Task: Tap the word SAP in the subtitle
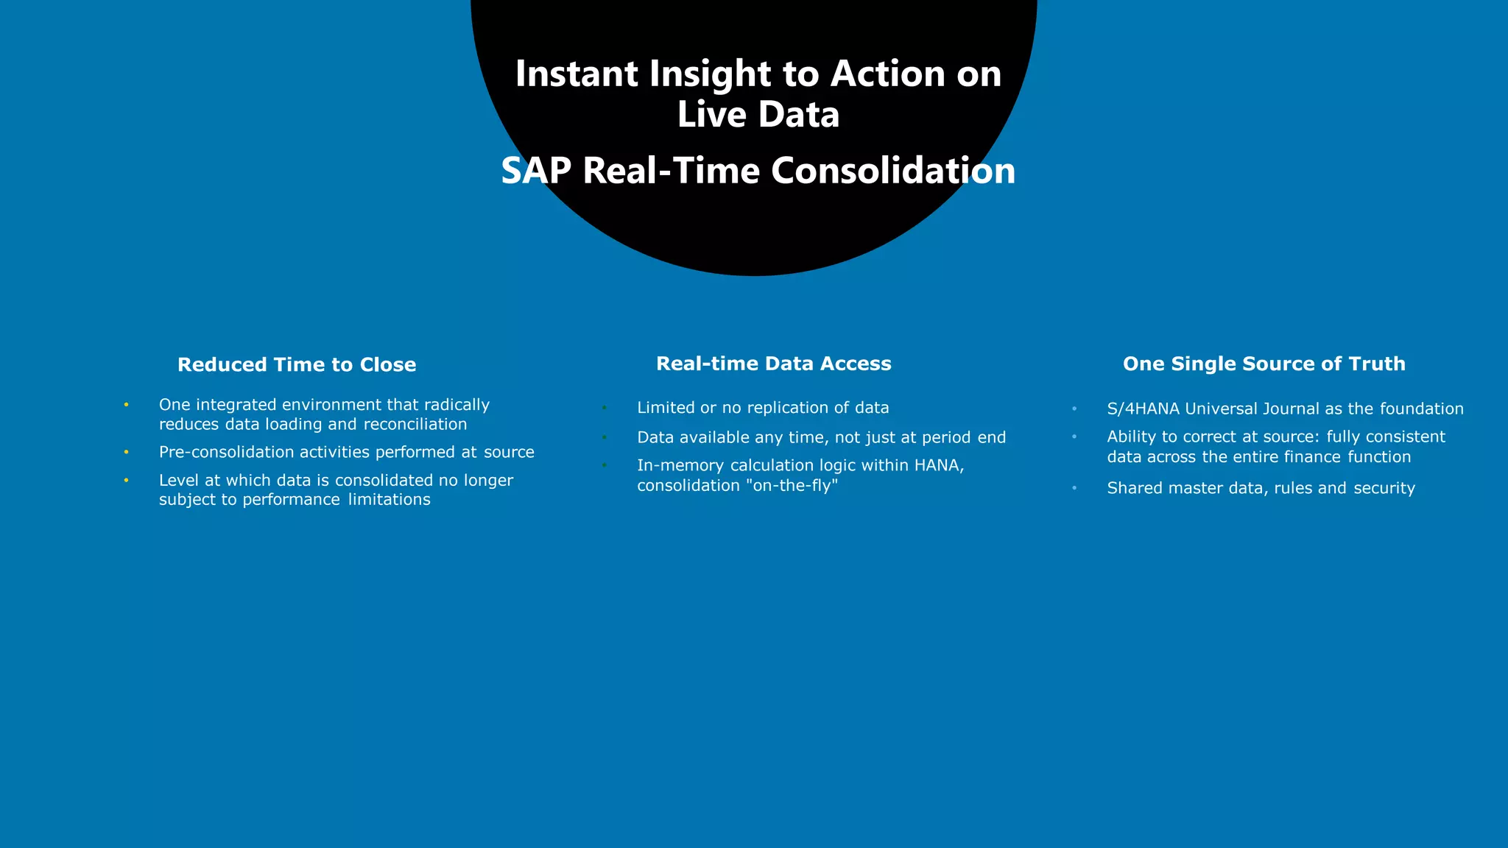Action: click(536, 171)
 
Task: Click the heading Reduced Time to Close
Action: click(297, 364)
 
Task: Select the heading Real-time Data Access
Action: click(773, 364)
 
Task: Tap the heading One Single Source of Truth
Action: click(1264, 364)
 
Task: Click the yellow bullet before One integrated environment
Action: click(127, 405)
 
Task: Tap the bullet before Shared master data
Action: click(1074, 489)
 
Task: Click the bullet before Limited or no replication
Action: click(604, 408)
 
